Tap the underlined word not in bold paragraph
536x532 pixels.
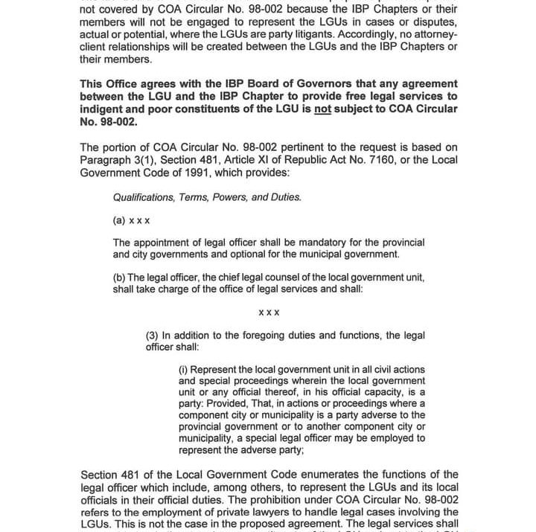pyautogui.click(x=322, y=109)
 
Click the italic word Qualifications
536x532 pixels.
pyautogui.click(x=144, y=198)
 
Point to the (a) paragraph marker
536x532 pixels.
pyautogui.click(x=119, y=221)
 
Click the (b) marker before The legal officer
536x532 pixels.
pyautogui.click(x=119, y=278)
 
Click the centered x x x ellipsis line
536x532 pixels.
pyautogui.click(x=269, y=313)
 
